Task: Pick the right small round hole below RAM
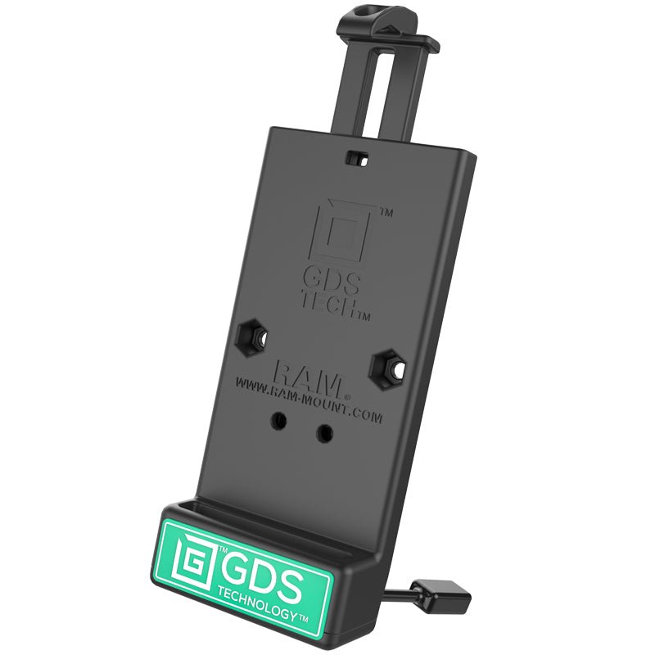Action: pyautogui.click(x=327, y=431)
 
